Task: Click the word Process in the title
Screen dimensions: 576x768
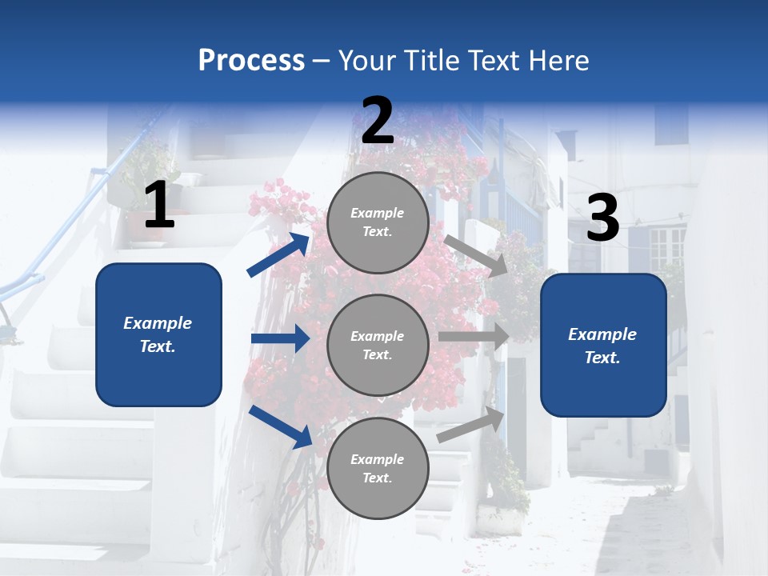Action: click(x=251, y=60)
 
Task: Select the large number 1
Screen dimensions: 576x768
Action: click(x=159, y=205)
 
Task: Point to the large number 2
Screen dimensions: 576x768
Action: click(x=378, y=122)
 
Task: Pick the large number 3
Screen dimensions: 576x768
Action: click(x=602, y=218)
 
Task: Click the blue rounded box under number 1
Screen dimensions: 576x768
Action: click(x=158, y=334)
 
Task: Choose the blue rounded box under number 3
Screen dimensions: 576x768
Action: click(x=603, y=346)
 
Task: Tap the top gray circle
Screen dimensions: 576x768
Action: click(x=378, y=222)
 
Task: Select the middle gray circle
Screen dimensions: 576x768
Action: click(x=378, y=346)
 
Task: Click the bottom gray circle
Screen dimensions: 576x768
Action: click(x=378, y=468)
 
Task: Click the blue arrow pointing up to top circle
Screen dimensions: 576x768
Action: click(x=278, y=255)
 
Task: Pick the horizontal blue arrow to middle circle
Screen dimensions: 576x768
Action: click(x=280, y=338)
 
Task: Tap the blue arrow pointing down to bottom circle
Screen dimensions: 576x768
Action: click(x=280, y=426)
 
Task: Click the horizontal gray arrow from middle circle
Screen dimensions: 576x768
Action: click(x=474, y=336)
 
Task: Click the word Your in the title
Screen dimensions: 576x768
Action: click(x=364, y=60)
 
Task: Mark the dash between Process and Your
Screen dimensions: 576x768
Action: click(x=322, y=61)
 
